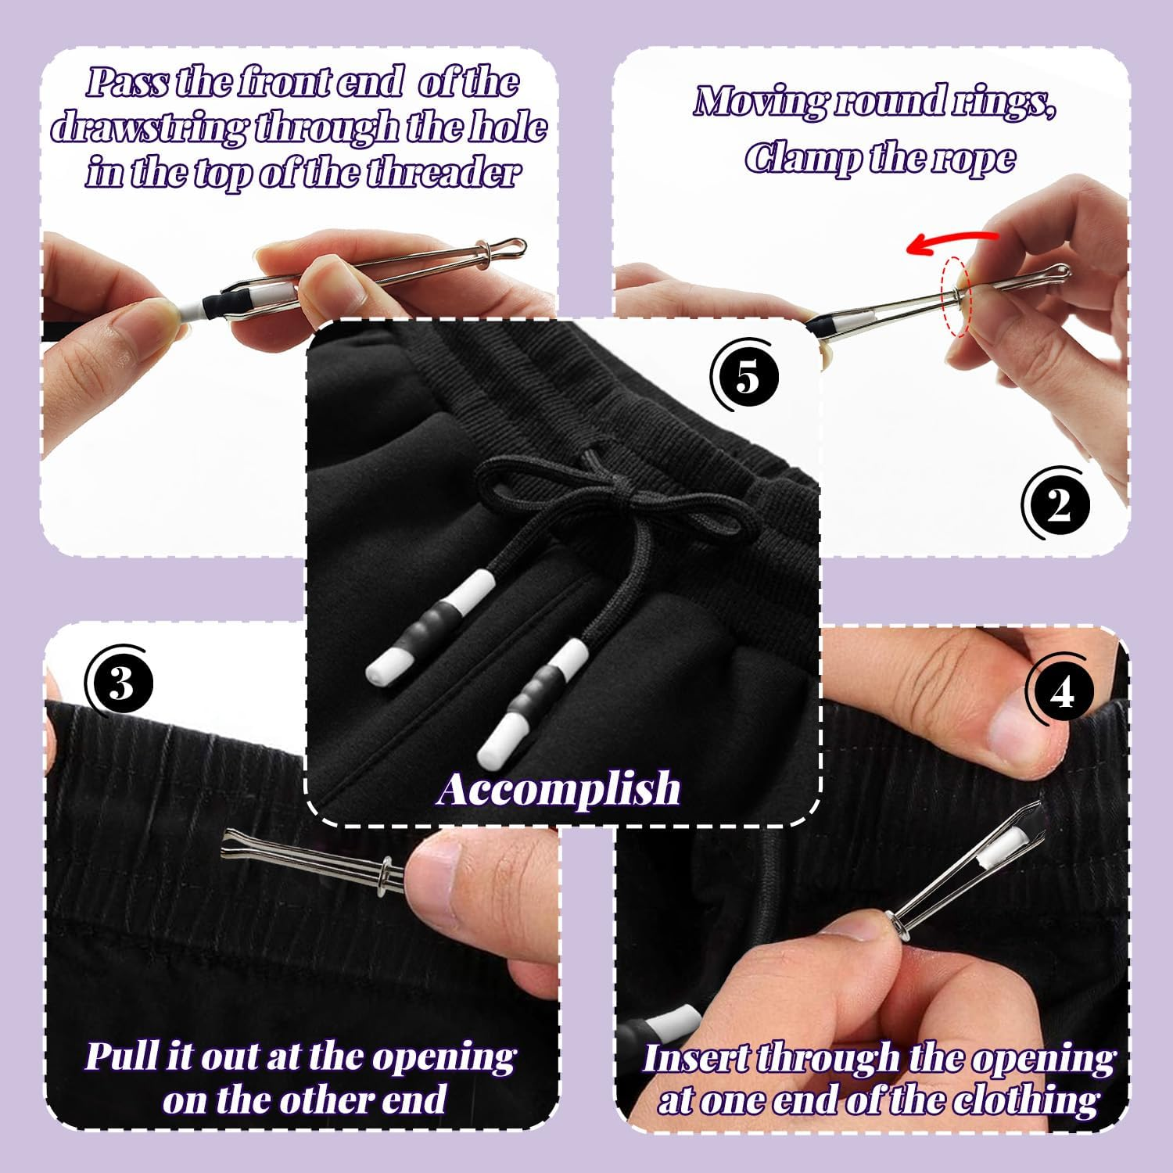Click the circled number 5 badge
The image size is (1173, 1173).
(x=748, y=378)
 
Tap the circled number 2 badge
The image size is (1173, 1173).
(x=1058, y=506)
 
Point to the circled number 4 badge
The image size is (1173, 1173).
(x=1060, y=691)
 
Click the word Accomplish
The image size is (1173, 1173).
(x=559, y=788)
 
